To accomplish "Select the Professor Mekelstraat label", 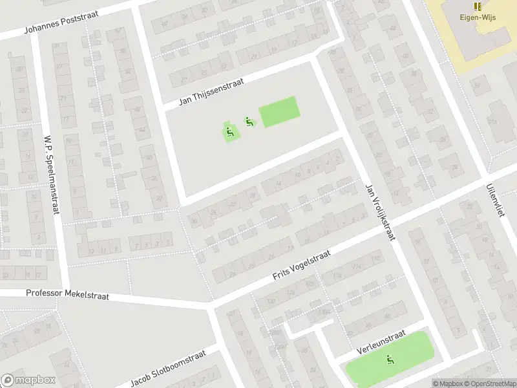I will tap(67, 294).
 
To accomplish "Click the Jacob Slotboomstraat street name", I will tap(167, 368).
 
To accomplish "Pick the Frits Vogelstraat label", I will tap(301, 266).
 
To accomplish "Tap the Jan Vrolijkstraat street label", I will tap(380, 211).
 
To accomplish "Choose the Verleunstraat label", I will tap(381, 343).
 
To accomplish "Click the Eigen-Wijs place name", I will tap(478, 17).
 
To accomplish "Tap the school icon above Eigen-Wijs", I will tap(478, 6).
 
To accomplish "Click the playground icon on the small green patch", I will tap(230, 133).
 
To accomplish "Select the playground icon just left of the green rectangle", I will tap(248, 121).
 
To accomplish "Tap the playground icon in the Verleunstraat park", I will tap(390, 360).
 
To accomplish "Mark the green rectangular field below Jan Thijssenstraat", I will tap(279, 111).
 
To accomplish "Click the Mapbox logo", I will tap(28, 380).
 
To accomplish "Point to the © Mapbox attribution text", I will tap(448, 383).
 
